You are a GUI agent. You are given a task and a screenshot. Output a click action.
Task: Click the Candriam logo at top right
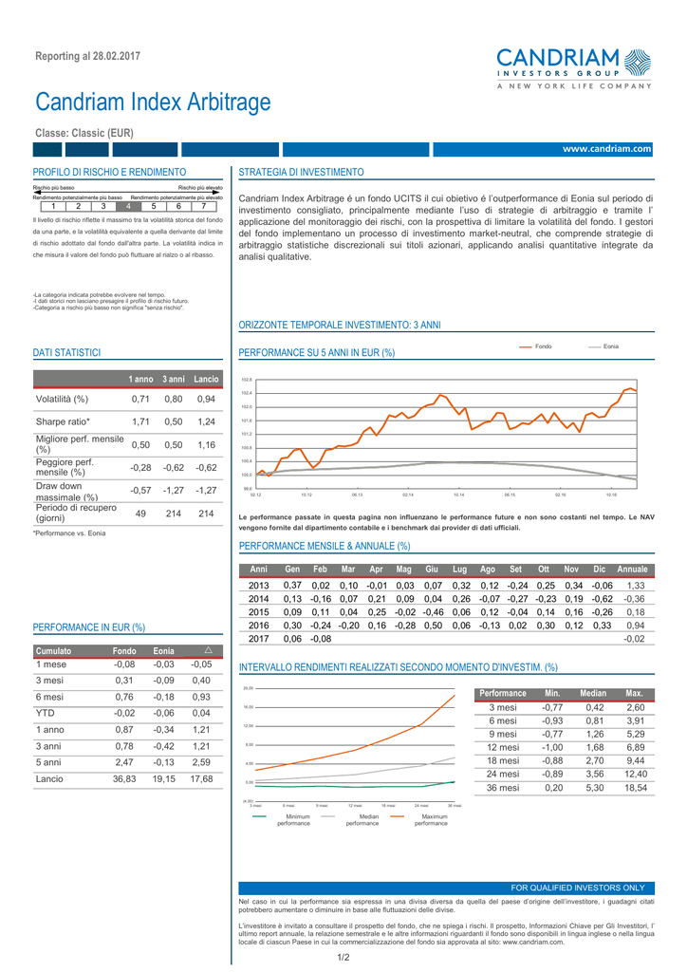tap(573, 67)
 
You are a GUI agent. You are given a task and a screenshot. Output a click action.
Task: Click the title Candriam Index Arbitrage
tap(153, 102)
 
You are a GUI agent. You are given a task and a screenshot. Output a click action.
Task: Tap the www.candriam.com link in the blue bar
tap(606, 149)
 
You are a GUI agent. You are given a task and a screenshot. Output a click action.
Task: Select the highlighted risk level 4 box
tap(128, 206)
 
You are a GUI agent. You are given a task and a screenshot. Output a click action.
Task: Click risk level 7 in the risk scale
tap(203, 206)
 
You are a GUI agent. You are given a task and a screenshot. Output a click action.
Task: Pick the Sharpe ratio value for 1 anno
tap(140, 421)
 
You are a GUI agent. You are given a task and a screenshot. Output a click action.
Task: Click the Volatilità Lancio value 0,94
tap(206, 399)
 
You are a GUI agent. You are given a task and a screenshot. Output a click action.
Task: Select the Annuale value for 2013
tap(635, 586)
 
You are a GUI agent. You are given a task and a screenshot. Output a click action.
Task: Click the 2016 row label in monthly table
tap(259, 626)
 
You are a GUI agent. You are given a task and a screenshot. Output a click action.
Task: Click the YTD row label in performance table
tap(44, 712)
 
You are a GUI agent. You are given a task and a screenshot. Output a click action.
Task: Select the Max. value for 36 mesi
tap(636, 788)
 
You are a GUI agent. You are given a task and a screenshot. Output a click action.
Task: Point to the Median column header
tap(593, 694)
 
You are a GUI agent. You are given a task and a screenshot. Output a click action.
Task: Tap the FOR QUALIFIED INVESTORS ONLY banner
tap(578, 888)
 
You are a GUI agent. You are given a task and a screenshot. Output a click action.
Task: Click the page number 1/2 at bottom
tap(343, 957)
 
